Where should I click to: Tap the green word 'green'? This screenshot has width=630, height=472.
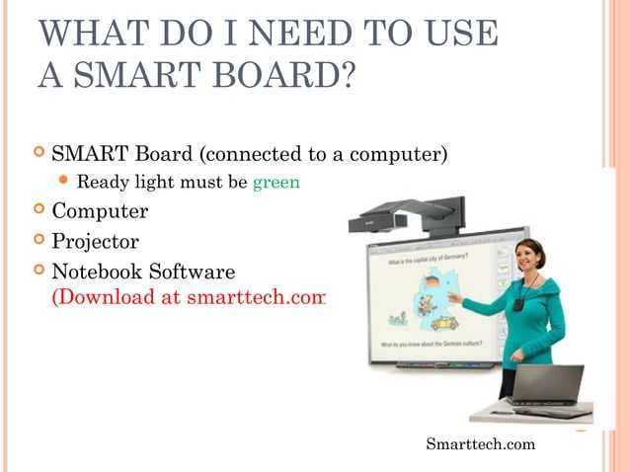coord(276,182)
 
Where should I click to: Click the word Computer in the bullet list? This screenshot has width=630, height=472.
coord(100,211)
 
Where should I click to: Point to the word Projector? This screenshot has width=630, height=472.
coord(95,241)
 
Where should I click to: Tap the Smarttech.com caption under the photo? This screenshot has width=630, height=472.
coord(480,444)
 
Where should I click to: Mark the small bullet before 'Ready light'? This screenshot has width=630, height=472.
coord(64,182)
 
